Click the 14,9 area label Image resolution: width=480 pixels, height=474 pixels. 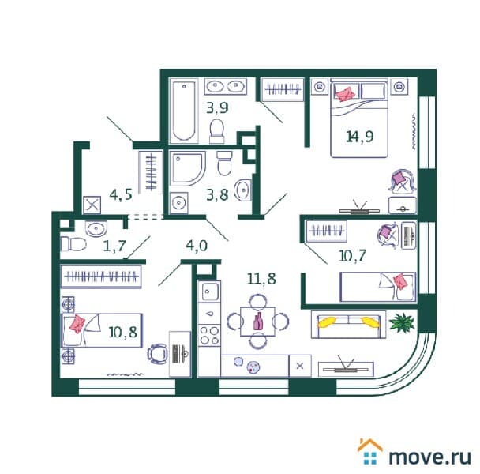click(359, 137)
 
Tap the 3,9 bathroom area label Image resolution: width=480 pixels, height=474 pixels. click(217, 107)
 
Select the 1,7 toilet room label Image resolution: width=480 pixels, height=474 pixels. click(114, 246)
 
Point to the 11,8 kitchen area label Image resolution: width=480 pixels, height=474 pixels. click(261, 279)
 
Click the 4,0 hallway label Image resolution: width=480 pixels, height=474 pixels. click(197, 246)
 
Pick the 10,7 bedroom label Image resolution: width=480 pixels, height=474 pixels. click(352, 255)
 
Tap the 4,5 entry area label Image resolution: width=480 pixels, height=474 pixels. click(121, 194)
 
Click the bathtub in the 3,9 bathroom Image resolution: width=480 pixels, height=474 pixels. click(183, 111)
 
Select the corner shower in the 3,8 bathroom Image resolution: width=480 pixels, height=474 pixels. click(187, 168)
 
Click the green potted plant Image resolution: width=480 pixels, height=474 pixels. click(402, 322)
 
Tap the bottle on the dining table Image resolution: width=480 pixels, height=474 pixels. click(258, 322)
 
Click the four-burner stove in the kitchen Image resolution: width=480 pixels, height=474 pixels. click(209, 336)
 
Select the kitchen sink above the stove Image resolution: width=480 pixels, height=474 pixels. click(209, 292)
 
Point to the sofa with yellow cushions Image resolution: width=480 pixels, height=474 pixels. click(348, 324)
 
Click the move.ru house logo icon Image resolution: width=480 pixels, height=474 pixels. click(369, 452)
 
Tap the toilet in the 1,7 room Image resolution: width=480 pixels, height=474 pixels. click(73, 244)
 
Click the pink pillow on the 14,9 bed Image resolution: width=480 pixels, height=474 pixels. click(345, 93)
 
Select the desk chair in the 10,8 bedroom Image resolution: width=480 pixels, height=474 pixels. click(157, 354)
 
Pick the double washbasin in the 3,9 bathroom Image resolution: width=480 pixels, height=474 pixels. click(226, 86)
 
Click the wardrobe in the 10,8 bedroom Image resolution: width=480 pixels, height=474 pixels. click(101, 277)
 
